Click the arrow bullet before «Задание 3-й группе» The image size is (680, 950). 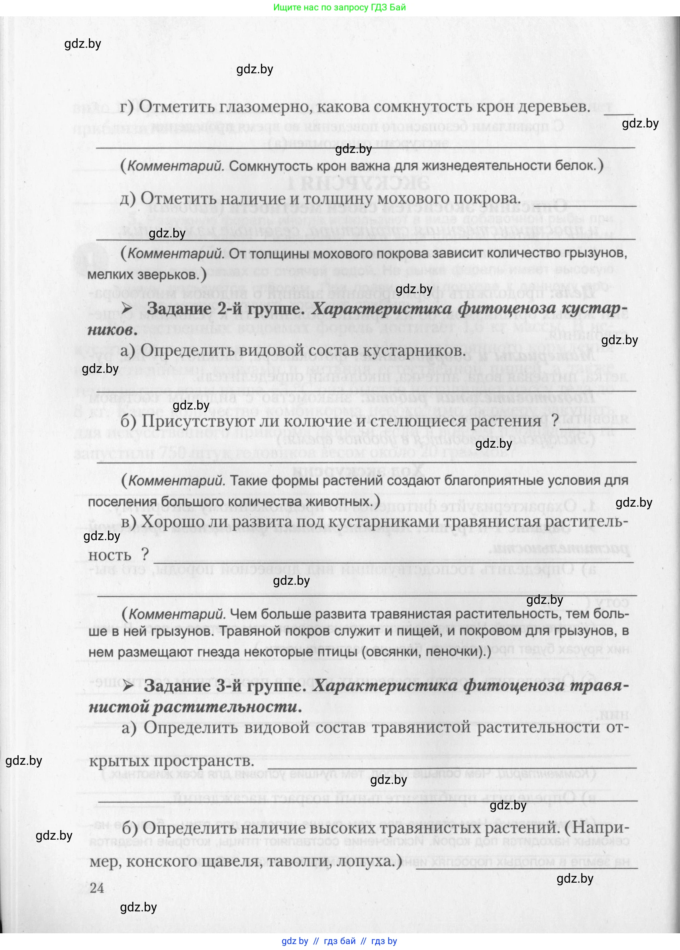(127, 686)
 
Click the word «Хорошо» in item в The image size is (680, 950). (172, 522)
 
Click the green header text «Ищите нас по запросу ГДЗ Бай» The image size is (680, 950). (339, 7)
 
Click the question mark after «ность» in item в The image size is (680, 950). (145, 555)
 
